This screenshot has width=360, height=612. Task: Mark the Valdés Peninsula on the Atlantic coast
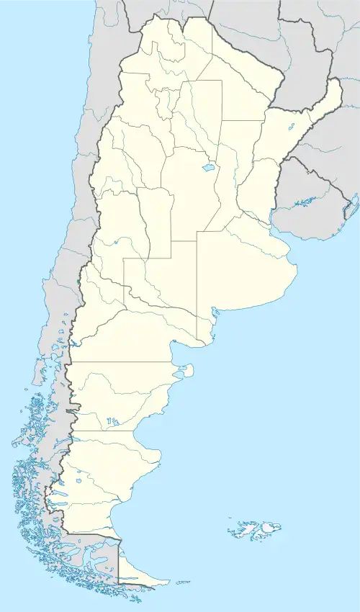click(186, 372)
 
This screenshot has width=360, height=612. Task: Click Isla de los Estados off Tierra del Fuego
click(183, 582)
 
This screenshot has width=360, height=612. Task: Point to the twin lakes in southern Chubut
click(111, 421)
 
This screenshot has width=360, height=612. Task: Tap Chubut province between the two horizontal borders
click(115, 396)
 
